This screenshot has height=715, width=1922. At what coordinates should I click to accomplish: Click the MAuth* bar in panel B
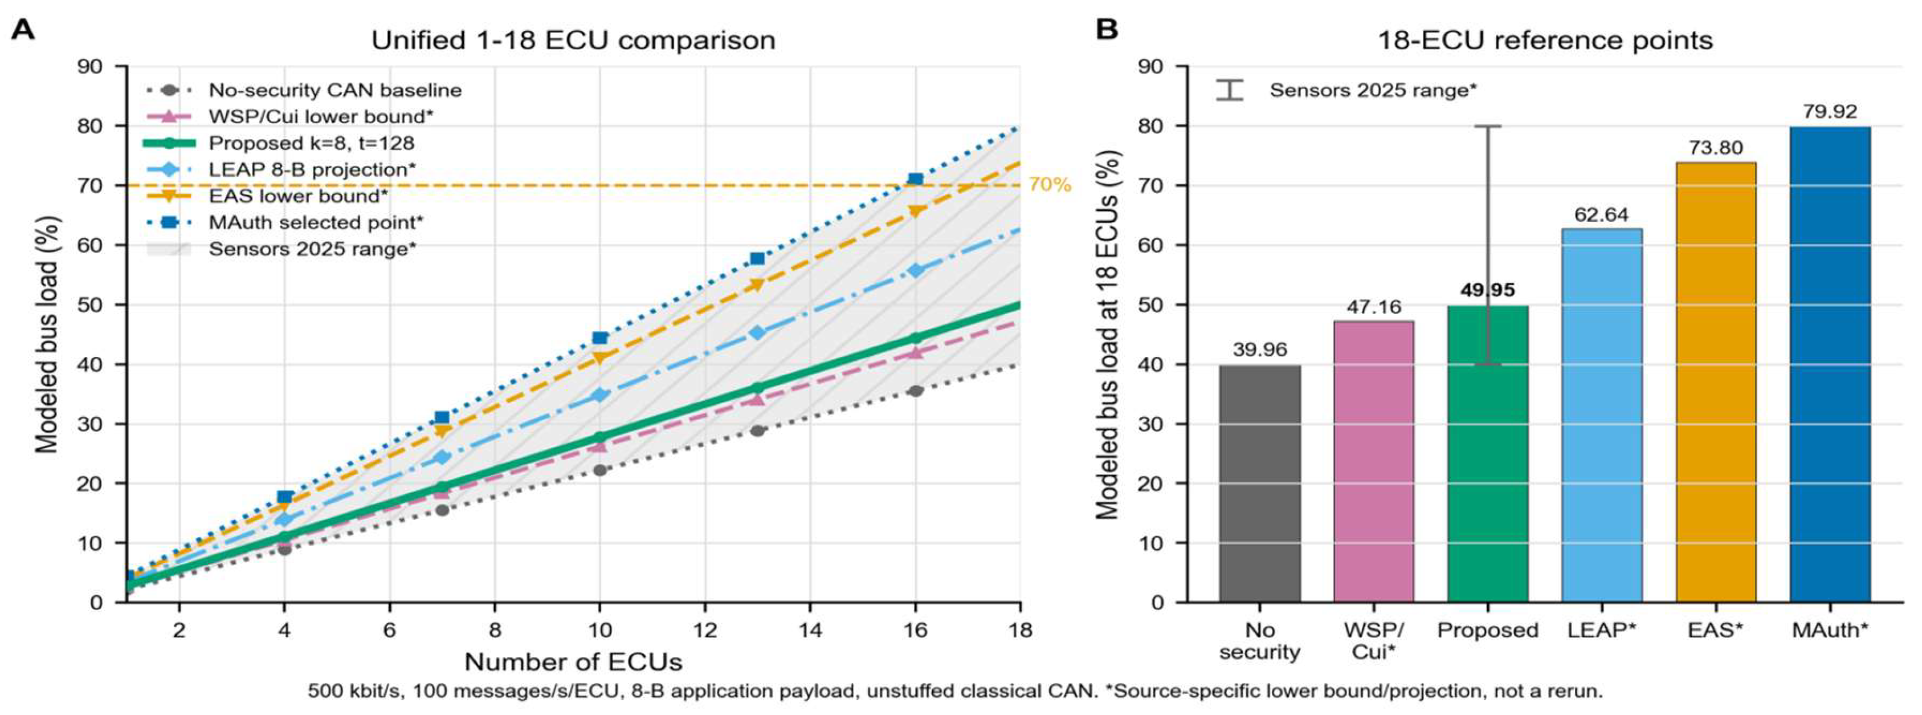(1830, 364)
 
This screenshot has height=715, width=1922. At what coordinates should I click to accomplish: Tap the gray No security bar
(1260, 484)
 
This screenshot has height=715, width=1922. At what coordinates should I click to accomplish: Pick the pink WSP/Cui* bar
(1374, 462)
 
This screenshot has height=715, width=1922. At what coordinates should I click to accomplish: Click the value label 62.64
(1601, 215)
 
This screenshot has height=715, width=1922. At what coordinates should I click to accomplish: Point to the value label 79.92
(1830, 112)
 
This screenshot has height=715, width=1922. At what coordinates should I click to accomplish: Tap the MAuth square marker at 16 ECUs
(916, 179)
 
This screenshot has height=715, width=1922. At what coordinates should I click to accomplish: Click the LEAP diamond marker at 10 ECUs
(599, 395)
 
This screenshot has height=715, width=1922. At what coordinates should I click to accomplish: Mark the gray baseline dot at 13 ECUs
(757, 430)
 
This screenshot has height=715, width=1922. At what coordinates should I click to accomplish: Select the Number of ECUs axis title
(573, 662)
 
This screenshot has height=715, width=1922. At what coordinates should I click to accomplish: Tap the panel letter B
(1107, 30)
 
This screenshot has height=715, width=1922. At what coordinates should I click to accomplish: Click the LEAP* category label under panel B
(1601, 631)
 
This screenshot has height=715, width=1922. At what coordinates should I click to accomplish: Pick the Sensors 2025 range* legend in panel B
(1346, 90)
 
